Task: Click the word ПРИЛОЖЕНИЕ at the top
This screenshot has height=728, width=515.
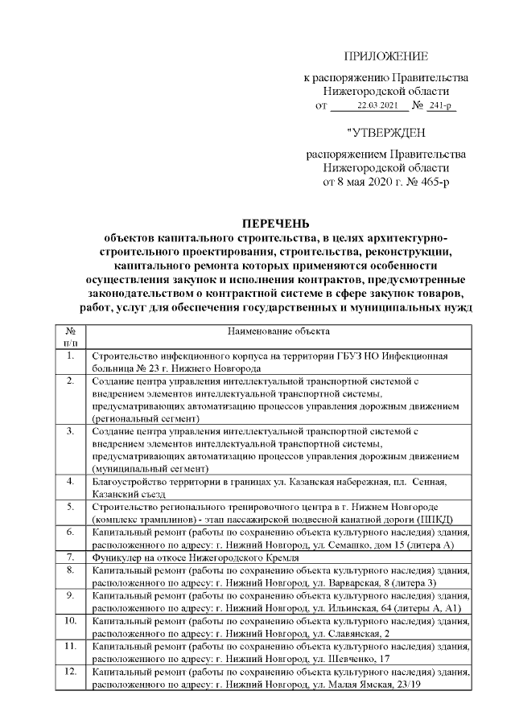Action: (385, 56)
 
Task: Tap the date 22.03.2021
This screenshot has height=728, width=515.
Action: (377, 105)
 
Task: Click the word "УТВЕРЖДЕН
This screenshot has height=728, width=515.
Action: (385, 133)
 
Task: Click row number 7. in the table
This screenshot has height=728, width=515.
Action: (70, 557)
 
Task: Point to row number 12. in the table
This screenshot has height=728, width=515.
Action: (70, 671)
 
